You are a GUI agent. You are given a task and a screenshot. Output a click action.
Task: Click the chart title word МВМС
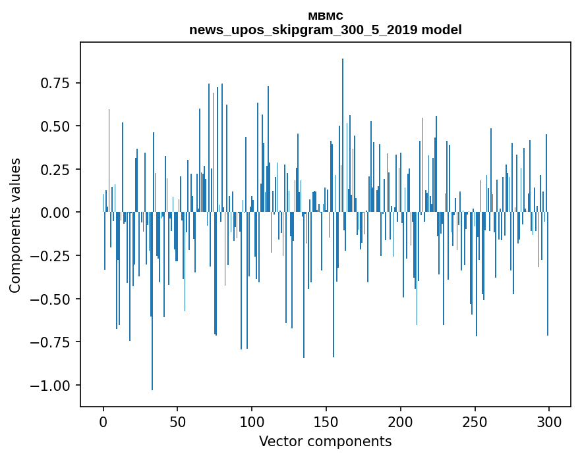click(x=325, y=16)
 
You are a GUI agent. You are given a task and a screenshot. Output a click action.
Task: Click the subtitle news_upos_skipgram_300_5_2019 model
click(x=325, y=30)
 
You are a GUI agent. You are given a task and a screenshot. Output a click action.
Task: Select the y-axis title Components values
click(x=14, y=225)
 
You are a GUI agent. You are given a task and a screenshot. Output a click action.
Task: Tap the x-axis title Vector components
click(x=325, y=442)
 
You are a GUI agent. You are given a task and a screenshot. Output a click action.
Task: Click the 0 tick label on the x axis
click(x=103, y=422)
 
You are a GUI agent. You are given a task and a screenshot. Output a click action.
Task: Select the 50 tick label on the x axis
click(x=177, y=422)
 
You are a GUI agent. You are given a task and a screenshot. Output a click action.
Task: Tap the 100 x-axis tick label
click(x=252, y=422)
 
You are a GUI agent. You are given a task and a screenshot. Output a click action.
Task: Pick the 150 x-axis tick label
click(x=326, y=422)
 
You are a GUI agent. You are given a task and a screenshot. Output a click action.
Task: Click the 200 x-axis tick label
click(x=401, y=422)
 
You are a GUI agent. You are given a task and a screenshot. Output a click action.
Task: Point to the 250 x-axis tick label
click(x=475, y=422)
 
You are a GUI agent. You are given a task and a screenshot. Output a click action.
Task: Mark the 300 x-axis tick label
click(x=549, y=422)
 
